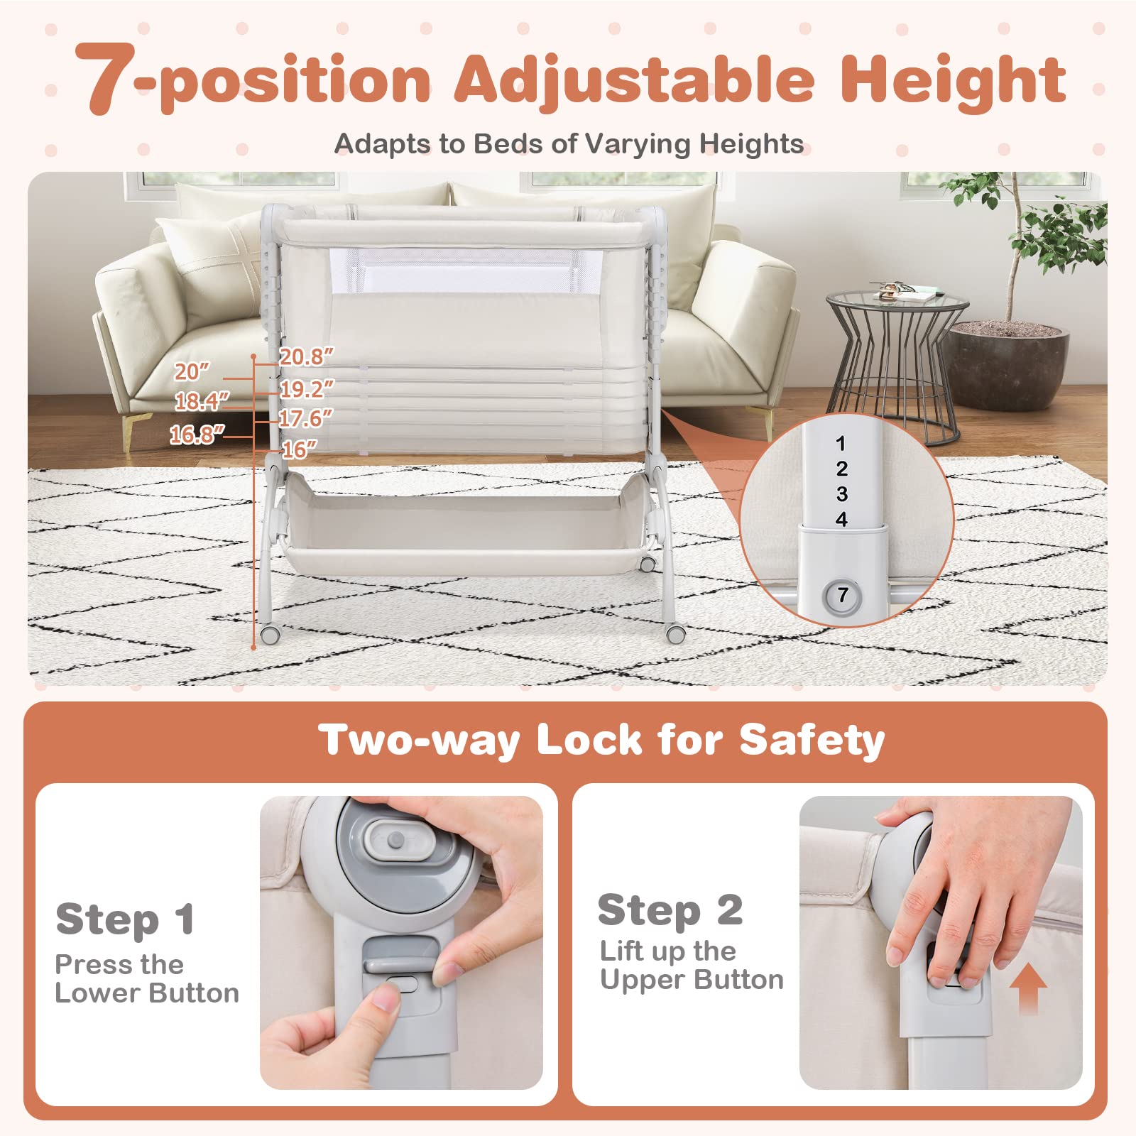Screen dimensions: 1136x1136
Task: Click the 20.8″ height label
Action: [306, 356]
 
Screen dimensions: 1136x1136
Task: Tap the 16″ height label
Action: [299, 449]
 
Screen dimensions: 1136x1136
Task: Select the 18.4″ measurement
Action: [202, 402]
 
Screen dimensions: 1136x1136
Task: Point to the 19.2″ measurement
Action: [306, 389]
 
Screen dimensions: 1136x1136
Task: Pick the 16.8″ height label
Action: [197, 435]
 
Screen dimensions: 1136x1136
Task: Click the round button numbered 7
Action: [842, 596]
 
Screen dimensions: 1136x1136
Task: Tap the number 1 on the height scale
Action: [841, 444]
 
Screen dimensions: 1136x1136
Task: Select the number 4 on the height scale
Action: [841, 520]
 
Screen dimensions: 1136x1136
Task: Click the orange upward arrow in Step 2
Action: [1027, 988]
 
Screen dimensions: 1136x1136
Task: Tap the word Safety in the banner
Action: [812, 741]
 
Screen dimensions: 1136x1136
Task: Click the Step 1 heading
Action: [125, 919]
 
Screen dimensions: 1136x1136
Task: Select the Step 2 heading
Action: [670, 910]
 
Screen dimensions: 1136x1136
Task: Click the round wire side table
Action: [897, 362]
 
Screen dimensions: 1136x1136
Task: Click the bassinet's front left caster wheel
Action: [268, 634]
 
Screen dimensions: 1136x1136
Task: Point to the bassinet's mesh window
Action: [465, 270]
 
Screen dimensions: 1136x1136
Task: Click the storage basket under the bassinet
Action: [465, 529]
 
